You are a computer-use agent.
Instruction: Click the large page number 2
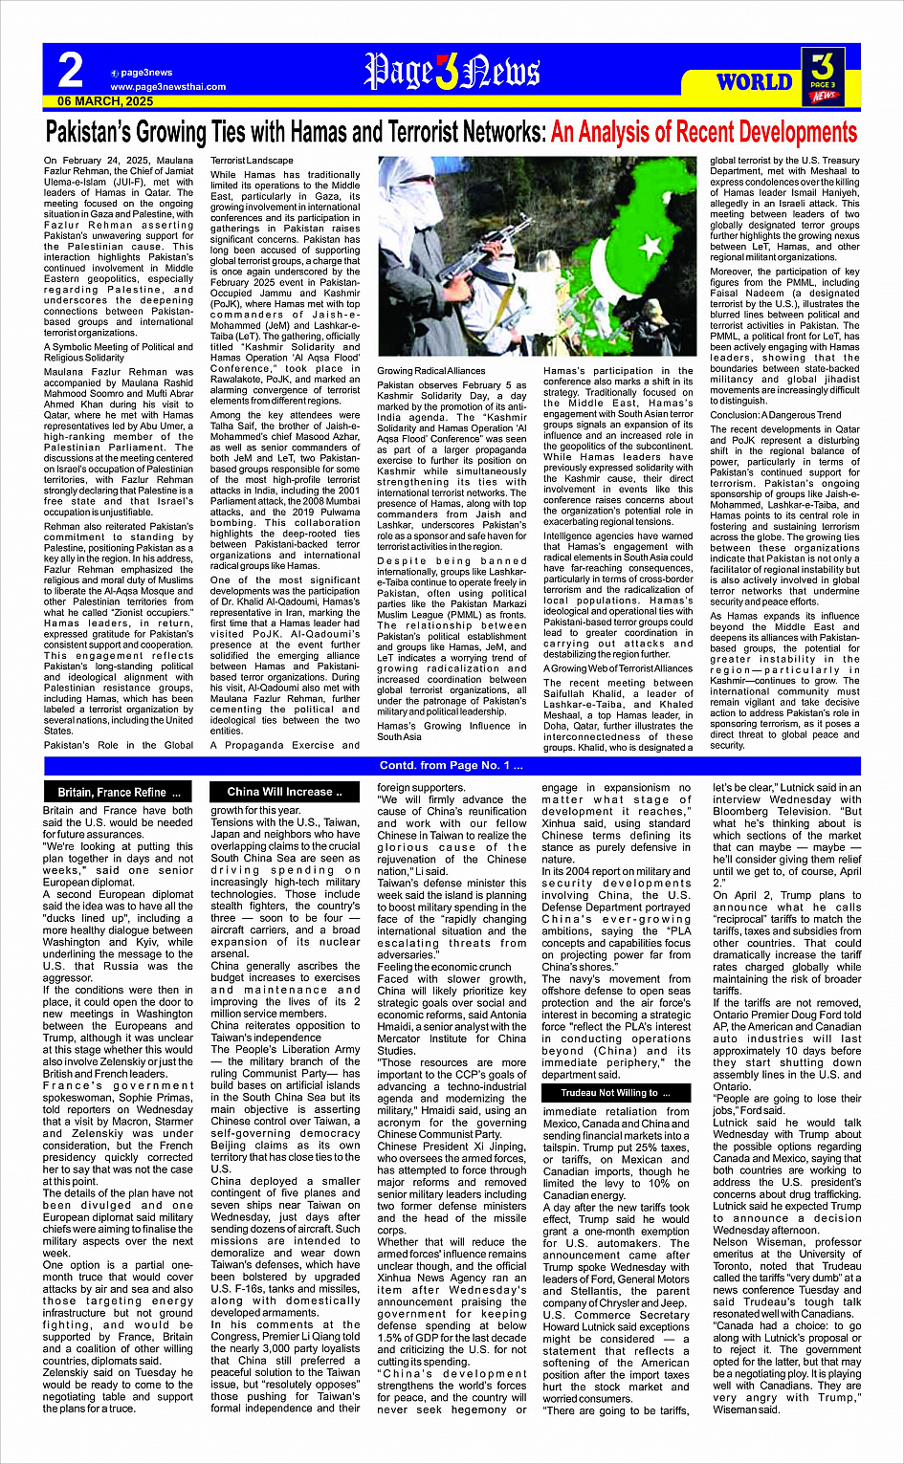pos(70,71)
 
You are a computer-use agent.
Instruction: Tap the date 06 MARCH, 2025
pos(105,101)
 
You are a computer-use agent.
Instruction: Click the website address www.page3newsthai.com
pos(168,87)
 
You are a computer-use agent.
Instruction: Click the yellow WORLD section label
pos(755,81)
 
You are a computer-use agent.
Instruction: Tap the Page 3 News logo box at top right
pos(824,76)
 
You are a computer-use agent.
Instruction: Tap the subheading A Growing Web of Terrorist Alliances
pos(618,668)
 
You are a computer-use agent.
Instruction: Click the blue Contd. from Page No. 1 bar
pos(452,766)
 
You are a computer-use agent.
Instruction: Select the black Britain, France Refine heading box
pos(119,793)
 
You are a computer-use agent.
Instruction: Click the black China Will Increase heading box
pos(279,792)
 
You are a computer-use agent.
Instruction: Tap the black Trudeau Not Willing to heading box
pos(615,1092)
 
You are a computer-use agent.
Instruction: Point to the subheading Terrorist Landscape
pos(253,161)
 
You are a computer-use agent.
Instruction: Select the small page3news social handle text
pos(146,73)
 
